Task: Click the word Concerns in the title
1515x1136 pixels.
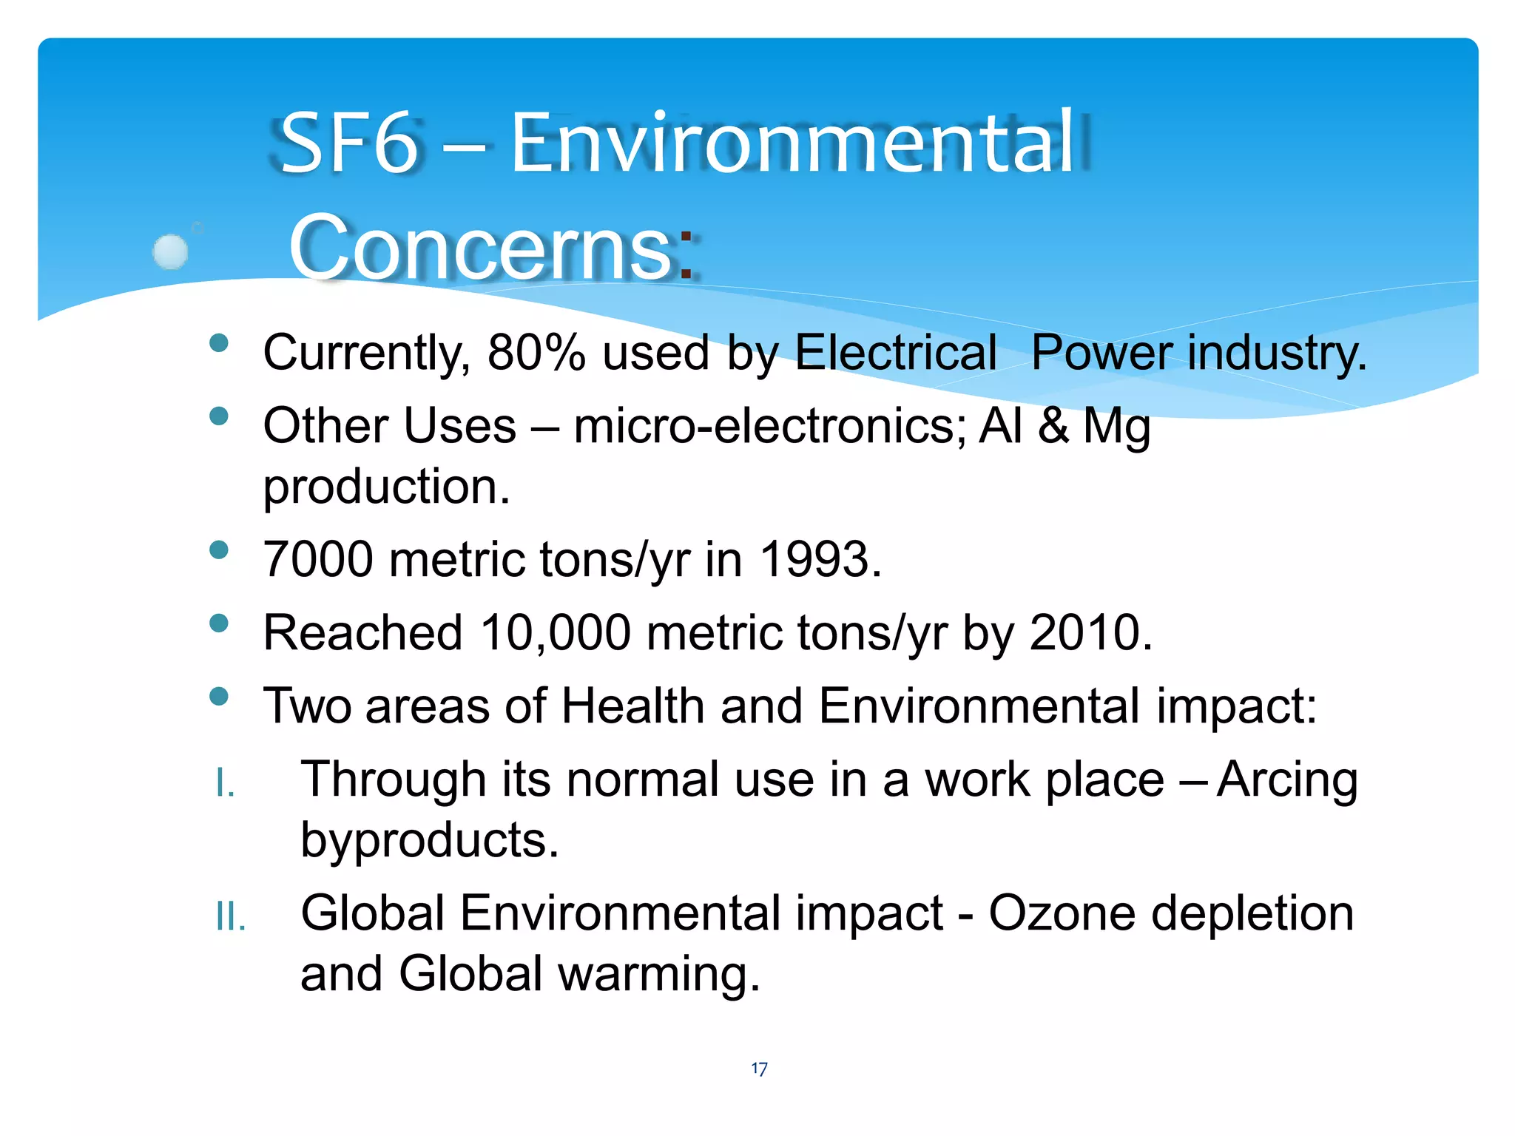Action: coord(481,248)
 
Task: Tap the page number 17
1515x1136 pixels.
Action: coord(759,1069)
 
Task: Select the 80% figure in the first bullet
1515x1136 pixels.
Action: coord(536,353)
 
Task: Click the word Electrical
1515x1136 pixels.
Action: coord(895,353)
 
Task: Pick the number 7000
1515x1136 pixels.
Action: coord(318,560)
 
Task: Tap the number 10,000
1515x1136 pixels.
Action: coord(555,634)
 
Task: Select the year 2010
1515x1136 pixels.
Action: coord(1084,634)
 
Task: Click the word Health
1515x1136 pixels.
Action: coord(632,706)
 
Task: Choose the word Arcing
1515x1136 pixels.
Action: coord(1287,781)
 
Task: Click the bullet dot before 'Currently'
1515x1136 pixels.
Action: coord(219,343)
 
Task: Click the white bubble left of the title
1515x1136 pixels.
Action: coord(171,251)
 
